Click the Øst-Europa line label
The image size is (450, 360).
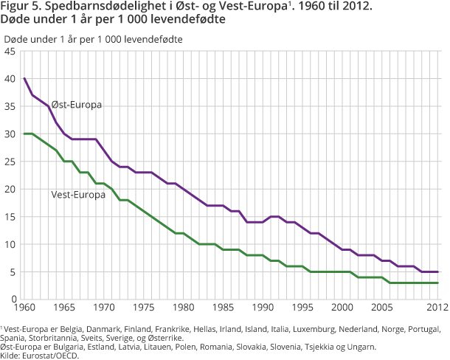pos(76,105)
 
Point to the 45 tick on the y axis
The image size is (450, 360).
pos(10,52)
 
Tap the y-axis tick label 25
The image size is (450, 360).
pos(10,162)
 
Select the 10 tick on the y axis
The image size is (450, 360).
pos(10,244)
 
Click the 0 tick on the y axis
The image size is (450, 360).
pos(13,299)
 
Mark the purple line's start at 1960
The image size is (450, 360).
pos(24,79)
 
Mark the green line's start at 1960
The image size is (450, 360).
pos(24,134)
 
